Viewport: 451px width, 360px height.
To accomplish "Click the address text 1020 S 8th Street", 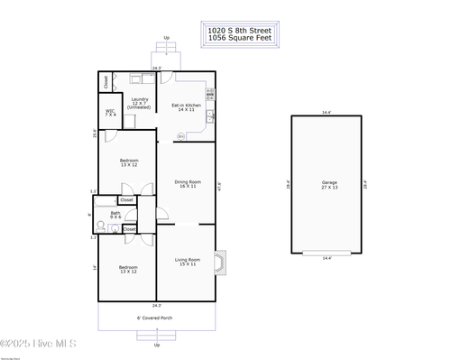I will pos(240,31).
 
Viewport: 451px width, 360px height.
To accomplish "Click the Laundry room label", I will pos(140,103).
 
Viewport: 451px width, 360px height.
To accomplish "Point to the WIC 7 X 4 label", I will pos(110,114).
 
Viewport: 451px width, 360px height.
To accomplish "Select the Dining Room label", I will pos(187,184).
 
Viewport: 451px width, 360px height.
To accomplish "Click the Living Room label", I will pos(187,262).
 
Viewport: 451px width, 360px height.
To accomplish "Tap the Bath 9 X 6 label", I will pos(115,216).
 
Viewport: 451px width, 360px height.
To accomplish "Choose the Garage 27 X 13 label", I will pos(329,185).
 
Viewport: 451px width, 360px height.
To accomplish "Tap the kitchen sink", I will pos(210,115).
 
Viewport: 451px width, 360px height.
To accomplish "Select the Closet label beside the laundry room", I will pos(106,81).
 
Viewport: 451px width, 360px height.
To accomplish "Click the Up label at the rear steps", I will pos(166,38).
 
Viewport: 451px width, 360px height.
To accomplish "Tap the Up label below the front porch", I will pos(157,345).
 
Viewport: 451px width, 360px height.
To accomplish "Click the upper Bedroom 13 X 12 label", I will pos(129,163).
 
